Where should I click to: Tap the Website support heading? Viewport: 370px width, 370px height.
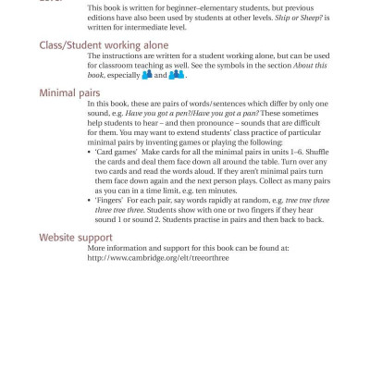point(77,238)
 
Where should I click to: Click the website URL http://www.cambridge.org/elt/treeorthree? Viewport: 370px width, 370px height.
point(158,258)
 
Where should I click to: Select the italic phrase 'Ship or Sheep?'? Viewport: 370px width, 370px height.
point(304,18)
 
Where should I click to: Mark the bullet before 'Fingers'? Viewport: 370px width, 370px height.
point(91,200)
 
